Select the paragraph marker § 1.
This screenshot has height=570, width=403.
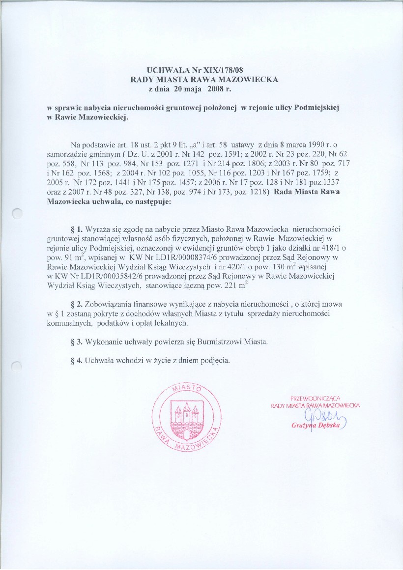(x=77, y=229)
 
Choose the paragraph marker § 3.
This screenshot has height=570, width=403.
(x=77, y=341)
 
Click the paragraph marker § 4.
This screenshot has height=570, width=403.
(x=77, y=360)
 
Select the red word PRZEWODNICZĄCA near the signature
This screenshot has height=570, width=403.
(x=316, y=398)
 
